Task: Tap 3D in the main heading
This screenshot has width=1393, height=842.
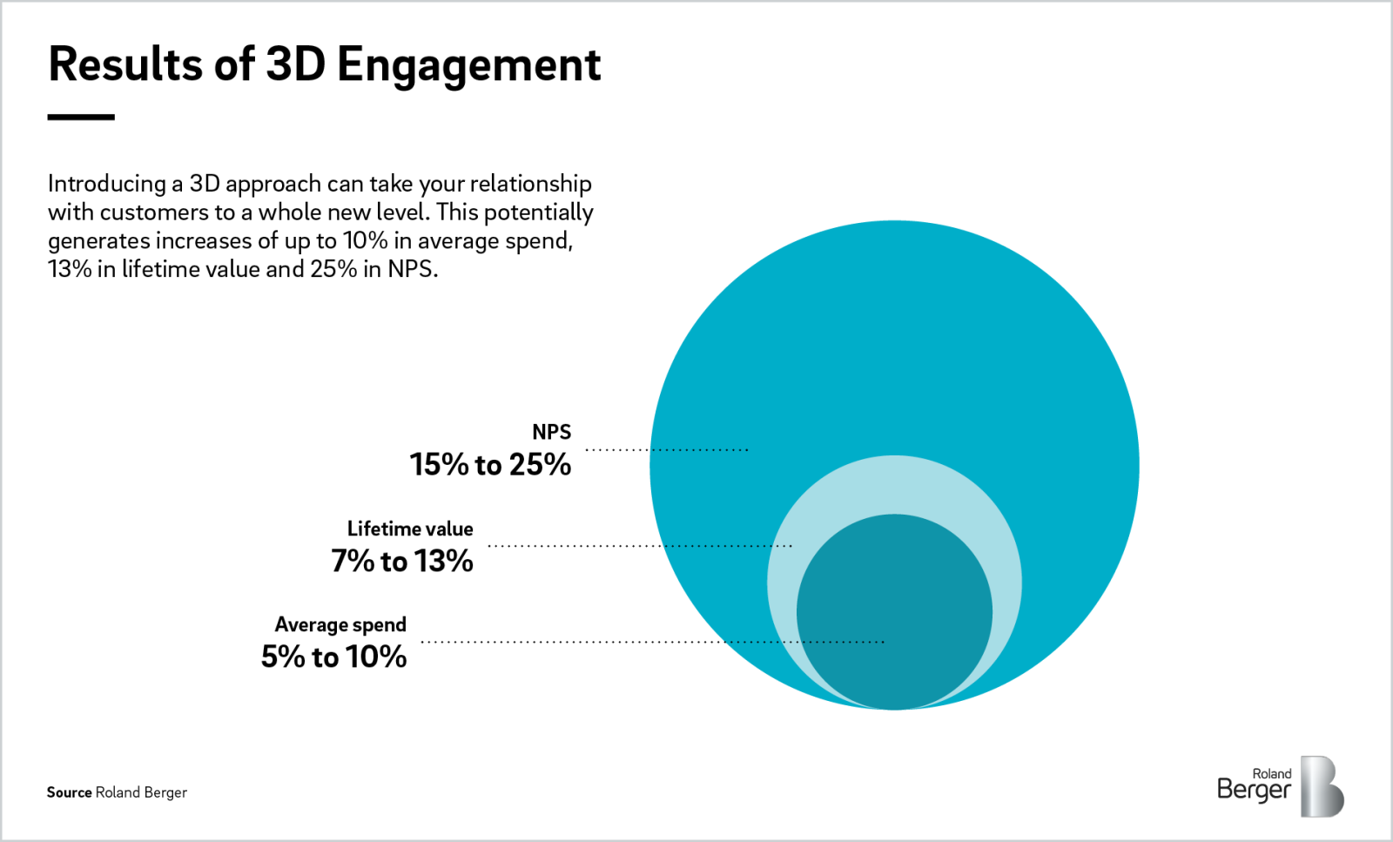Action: pyautogui.click(x=295, y=64)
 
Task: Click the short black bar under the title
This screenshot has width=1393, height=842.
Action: pyautogui.click(x=81, y=117)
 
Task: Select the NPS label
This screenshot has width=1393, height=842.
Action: pyautogui.click(x=551, y=432)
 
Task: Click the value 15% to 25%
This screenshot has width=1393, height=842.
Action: pyautogui.click(x=490, y=465)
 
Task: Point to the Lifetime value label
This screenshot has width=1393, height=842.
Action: pyautogui.click(x=410, y=529)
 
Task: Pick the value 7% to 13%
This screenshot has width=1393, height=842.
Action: pyautogui.click(x=401, y=561)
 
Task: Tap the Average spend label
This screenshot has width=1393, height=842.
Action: pyautogui.click(x=340, y=624)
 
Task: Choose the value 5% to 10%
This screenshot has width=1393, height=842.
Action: pyautogui.click(x=333, y=657)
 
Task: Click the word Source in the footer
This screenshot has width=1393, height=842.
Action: pyautogui.click(x=69, y=792)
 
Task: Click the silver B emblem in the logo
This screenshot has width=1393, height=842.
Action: pyautogui.click(x=1322, y=786)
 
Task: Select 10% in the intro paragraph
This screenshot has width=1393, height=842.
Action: pyautogui.click(x=365, y=241)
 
